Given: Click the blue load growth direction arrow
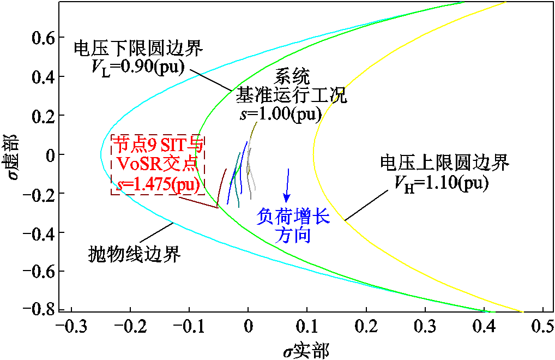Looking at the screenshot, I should (x=287, y=185).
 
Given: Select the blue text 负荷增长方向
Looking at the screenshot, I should (x=293, y=226).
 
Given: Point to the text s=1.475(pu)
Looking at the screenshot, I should (x=158, y=185).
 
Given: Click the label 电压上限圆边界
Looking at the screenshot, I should (x=444, y=162).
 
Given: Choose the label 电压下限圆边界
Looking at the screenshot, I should (x=138, y=48).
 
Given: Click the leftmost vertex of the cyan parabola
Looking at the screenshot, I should (x=101, y=154).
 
